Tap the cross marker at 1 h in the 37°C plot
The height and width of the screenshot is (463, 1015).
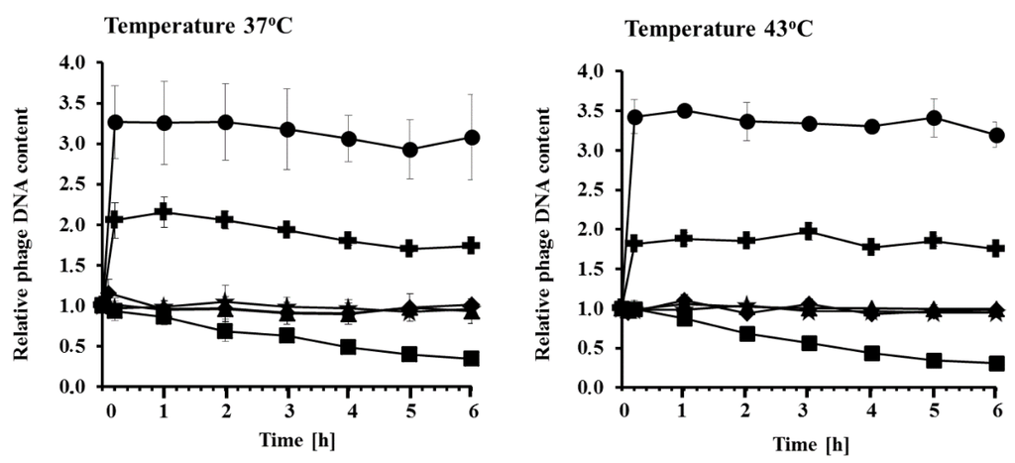(164, 212)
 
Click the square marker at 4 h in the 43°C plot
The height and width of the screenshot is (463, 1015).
(871, 353)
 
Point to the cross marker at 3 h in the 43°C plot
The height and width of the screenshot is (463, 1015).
(809, 232)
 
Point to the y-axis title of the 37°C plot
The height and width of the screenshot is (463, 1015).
(22, 224)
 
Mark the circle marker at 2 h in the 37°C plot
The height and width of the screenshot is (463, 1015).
(225, 122)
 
